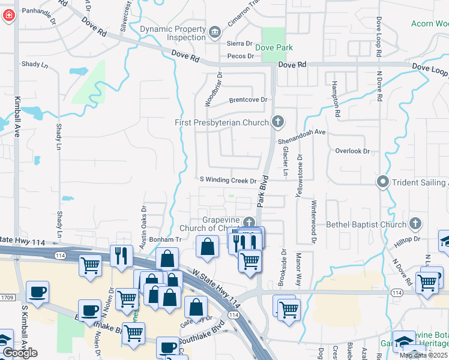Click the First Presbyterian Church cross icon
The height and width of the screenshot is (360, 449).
click(277, 122)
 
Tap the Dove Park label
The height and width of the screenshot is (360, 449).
click(274, 47)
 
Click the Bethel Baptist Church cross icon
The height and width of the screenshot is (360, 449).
click(414, 224)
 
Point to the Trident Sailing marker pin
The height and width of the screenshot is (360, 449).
click(382, 182)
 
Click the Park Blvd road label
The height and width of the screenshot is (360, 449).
click(262, 191)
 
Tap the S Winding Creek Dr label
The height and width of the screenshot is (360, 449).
click(228, 180)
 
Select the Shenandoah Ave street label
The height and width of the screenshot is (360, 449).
click(301, 136)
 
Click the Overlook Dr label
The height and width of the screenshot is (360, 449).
click(352, 151)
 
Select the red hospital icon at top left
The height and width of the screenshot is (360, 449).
click(8, 16)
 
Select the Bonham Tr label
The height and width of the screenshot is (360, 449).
click(161, 239)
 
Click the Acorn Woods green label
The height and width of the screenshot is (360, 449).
click(429, 23)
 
